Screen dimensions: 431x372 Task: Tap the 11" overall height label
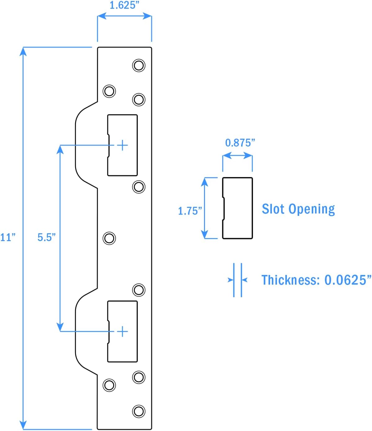pyautogui.click(x=7, y=237)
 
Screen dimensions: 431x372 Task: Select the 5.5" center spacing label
pyautogui.click(x=46, y=237)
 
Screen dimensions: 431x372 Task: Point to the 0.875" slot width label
pyautogui.click(x=240, y=143)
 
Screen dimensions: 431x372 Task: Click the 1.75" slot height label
pyautogui.click(x=190, y=211)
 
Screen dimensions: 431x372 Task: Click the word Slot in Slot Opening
pyautogui.click(x=273, y=209)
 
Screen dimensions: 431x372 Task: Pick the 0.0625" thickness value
pyautogui.click(x=347, y=280)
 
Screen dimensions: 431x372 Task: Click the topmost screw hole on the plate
pyautogui.click(x=139, y=66)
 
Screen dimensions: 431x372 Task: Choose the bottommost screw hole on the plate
pyautogui.click(x=139, y=411)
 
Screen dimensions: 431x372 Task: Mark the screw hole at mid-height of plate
pyautogui.click(x=109, y=238)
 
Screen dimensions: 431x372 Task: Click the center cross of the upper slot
pyautogui.click(x=123, y=145)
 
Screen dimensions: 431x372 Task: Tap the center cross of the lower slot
pyautogui.click(x=123, y=331)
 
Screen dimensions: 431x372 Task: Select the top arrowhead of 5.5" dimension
pyautogui.click(x=60, y=149)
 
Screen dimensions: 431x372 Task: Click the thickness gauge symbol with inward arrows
pyautogui.click(x=238, y=280)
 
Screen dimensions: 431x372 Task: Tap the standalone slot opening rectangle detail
pyautogui.click(x=238, y=208)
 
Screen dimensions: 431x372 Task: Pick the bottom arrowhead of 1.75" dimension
pyautogui.click(x=204, y=235)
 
